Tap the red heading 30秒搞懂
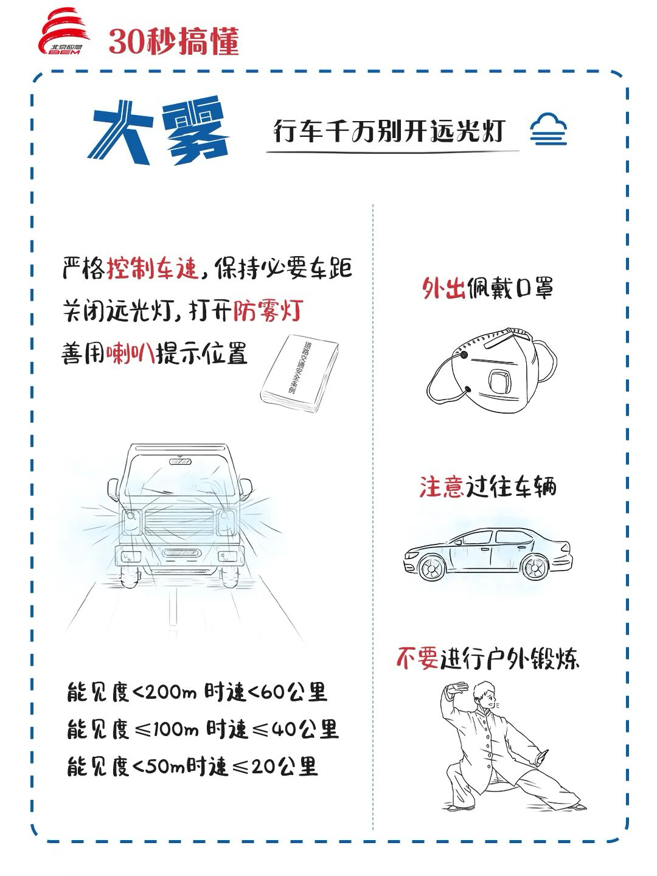click(174, 41)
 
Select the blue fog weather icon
click(548, 130)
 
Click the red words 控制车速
click(153, 268)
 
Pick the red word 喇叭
click(130, 353)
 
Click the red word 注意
click(442, 487)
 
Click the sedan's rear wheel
click(535, 566)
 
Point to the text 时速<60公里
click(266, 692)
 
